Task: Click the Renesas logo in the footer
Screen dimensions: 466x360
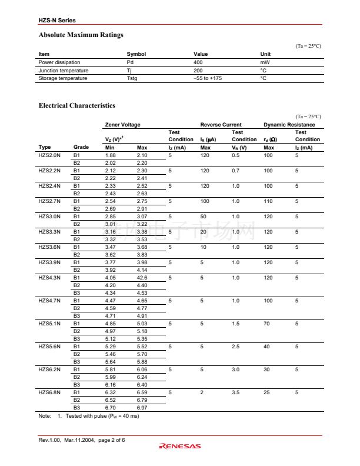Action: coord(180,446)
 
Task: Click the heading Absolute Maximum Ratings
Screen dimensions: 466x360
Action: coord(81,35)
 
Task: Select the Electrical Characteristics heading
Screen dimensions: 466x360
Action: coord(76,105)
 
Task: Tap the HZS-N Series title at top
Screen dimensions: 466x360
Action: coord(57,21)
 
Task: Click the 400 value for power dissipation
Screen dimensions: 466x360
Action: coord(198,62)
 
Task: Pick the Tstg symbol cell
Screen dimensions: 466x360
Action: coord(132,78)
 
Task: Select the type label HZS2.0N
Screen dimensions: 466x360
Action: coord(49,155)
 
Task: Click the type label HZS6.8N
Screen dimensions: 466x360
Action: coord(49,392)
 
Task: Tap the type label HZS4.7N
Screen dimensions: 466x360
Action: coord(49,301)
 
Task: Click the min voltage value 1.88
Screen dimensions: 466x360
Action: coord(110,155)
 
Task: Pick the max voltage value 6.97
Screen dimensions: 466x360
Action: coord(142,407)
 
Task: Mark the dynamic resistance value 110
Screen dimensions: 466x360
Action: coord(268,201)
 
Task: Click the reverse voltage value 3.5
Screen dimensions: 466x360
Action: coord(235,392)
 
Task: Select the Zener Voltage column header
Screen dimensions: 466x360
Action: coord(122,125)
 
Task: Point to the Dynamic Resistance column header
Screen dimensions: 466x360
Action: coord(289,125)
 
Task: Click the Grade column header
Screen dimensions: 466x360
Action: coord(81,147)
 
